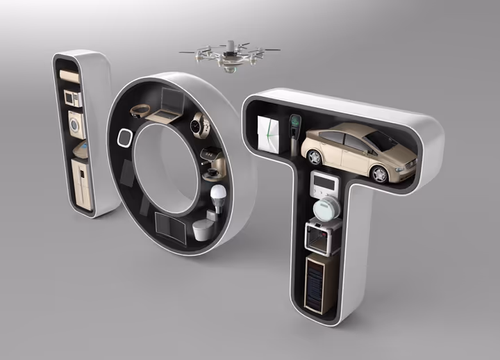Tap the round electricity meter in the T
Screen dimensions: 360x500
pyautogui.click(x=324, y=209)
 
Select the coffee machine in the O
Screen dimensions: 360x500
pyautogui.click(x=212, y=160)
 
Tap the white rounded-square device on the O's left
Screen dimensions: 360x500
pyautogui.click(x=125, y=137)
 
